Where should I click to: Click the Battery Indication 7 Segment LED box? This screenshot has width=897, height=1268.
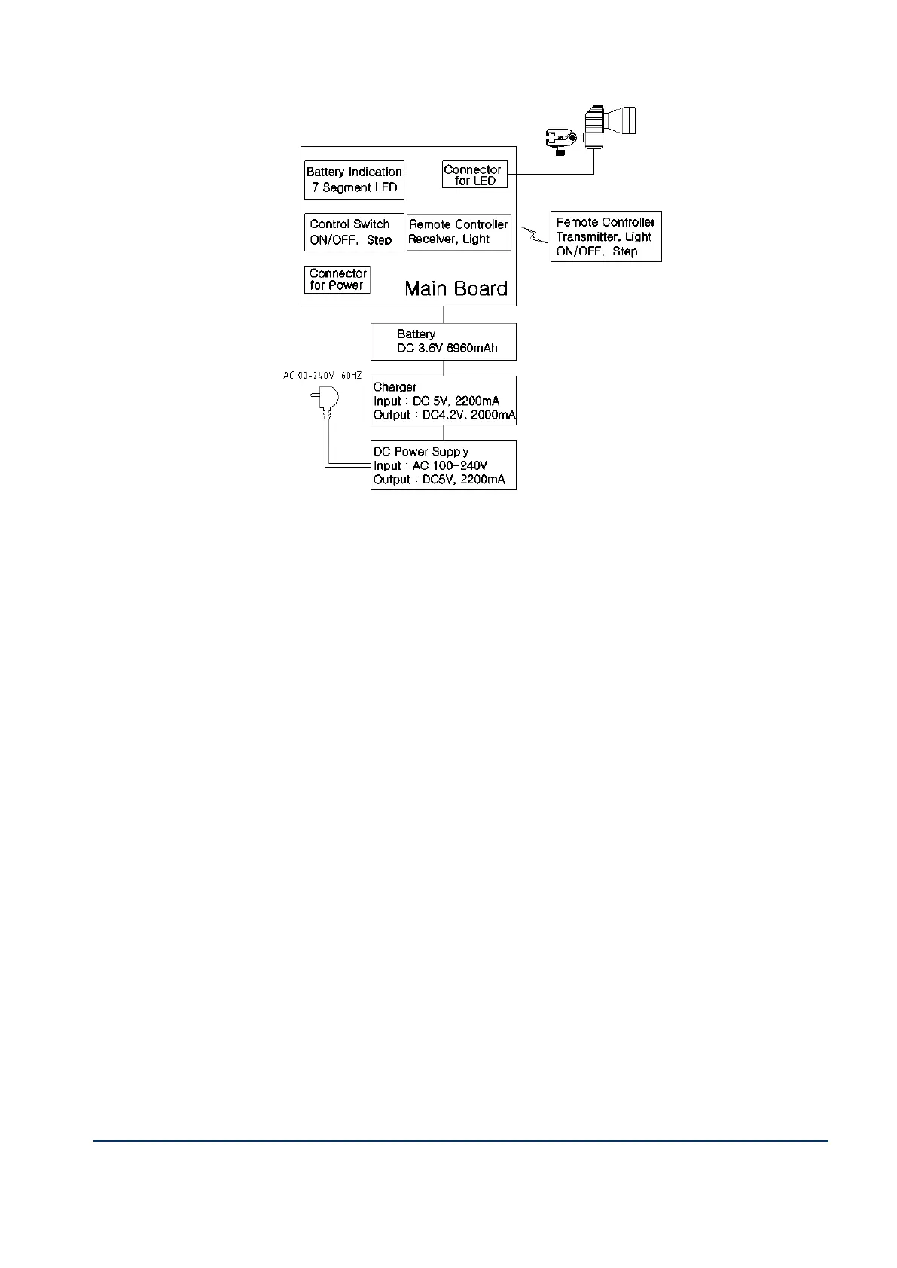pyautogui.click(x=354, y=180)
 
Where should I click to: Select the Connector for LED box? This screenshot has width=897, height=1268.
pyautogui.click(x=474, y=175)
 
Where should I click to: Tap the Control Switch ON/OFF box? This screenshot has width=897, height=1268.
pyautogui.click(x=353, y=232)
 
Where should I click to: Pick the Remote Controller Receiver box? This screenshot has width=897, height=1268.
pyautogui.click(x=459, y=232)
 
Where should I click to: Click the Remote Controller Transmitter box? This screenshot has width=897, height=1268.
pyautogui.click(x=606, y=236)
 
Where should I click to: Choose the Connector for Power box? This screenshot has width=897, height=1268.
pyautogui.click(x=337, y=279)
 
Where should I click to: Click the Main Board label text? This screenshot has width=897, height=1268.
pyautogui.click(x=456, y=289)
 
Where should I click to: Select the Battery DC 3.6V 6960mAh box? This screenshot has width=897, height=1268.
pyautogui.click(x=443, y=342)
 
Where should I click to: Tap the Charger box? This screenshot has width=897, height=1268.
pyautogui.click(x=443, y=401)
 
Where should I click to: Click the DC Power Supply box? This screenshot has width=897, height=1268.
pyautogui.click(x=443, y=465)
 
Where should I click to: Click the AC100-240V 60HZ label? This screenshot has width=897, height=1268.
pyautogui.click(x=322, y=375)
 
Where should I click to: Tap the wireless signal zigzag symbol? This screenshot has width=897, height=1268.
pyautogui.click(x=532, y=236)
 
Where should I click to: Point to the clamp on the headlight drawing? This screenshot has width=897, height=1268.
pyautogui.click(x=561, y=139)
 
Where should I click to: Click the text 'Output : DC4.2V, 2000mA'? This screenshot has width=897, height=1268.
pyautogui.click(x=444, y=415)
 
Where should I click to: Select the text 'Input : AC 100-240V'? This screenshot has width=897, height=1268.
pyautogui.click(x=430, y=465)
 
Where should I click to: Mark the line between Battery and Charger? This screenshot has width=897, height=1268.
pyautogui.click(x=443, y=368)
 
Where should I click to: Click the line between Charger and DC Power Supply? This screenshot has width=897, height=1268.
pyautogui.click(x=443, y=433)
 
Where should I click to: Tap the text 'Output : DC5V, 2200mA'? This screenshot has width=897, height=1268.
pyautogui.click(x=439, y=480)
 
